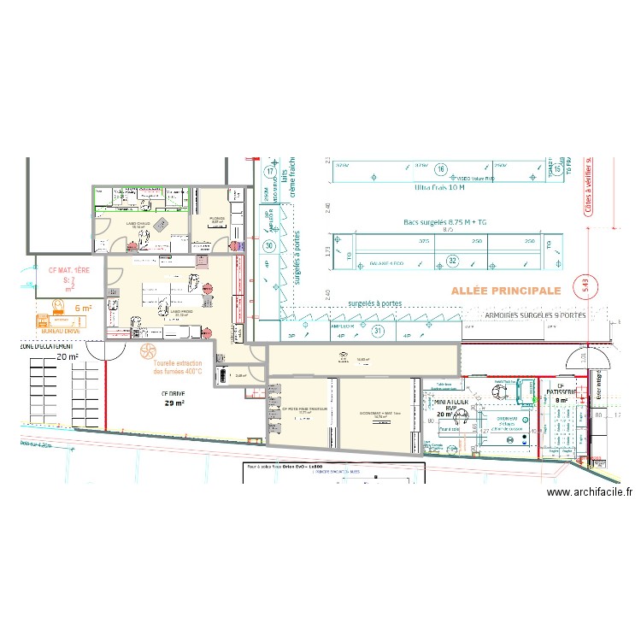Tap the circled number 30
269,246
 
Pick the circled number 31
377,331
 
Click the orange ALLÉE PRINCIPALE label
505,291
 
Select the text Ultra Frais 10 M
439,187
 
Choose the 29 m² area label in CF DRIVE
174,403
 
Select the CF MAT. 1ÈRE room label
69,270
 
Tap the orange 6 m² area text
83,309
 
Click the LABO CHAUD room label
140,223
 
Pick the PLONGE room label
217,218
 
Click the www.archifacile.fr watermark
589,491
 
